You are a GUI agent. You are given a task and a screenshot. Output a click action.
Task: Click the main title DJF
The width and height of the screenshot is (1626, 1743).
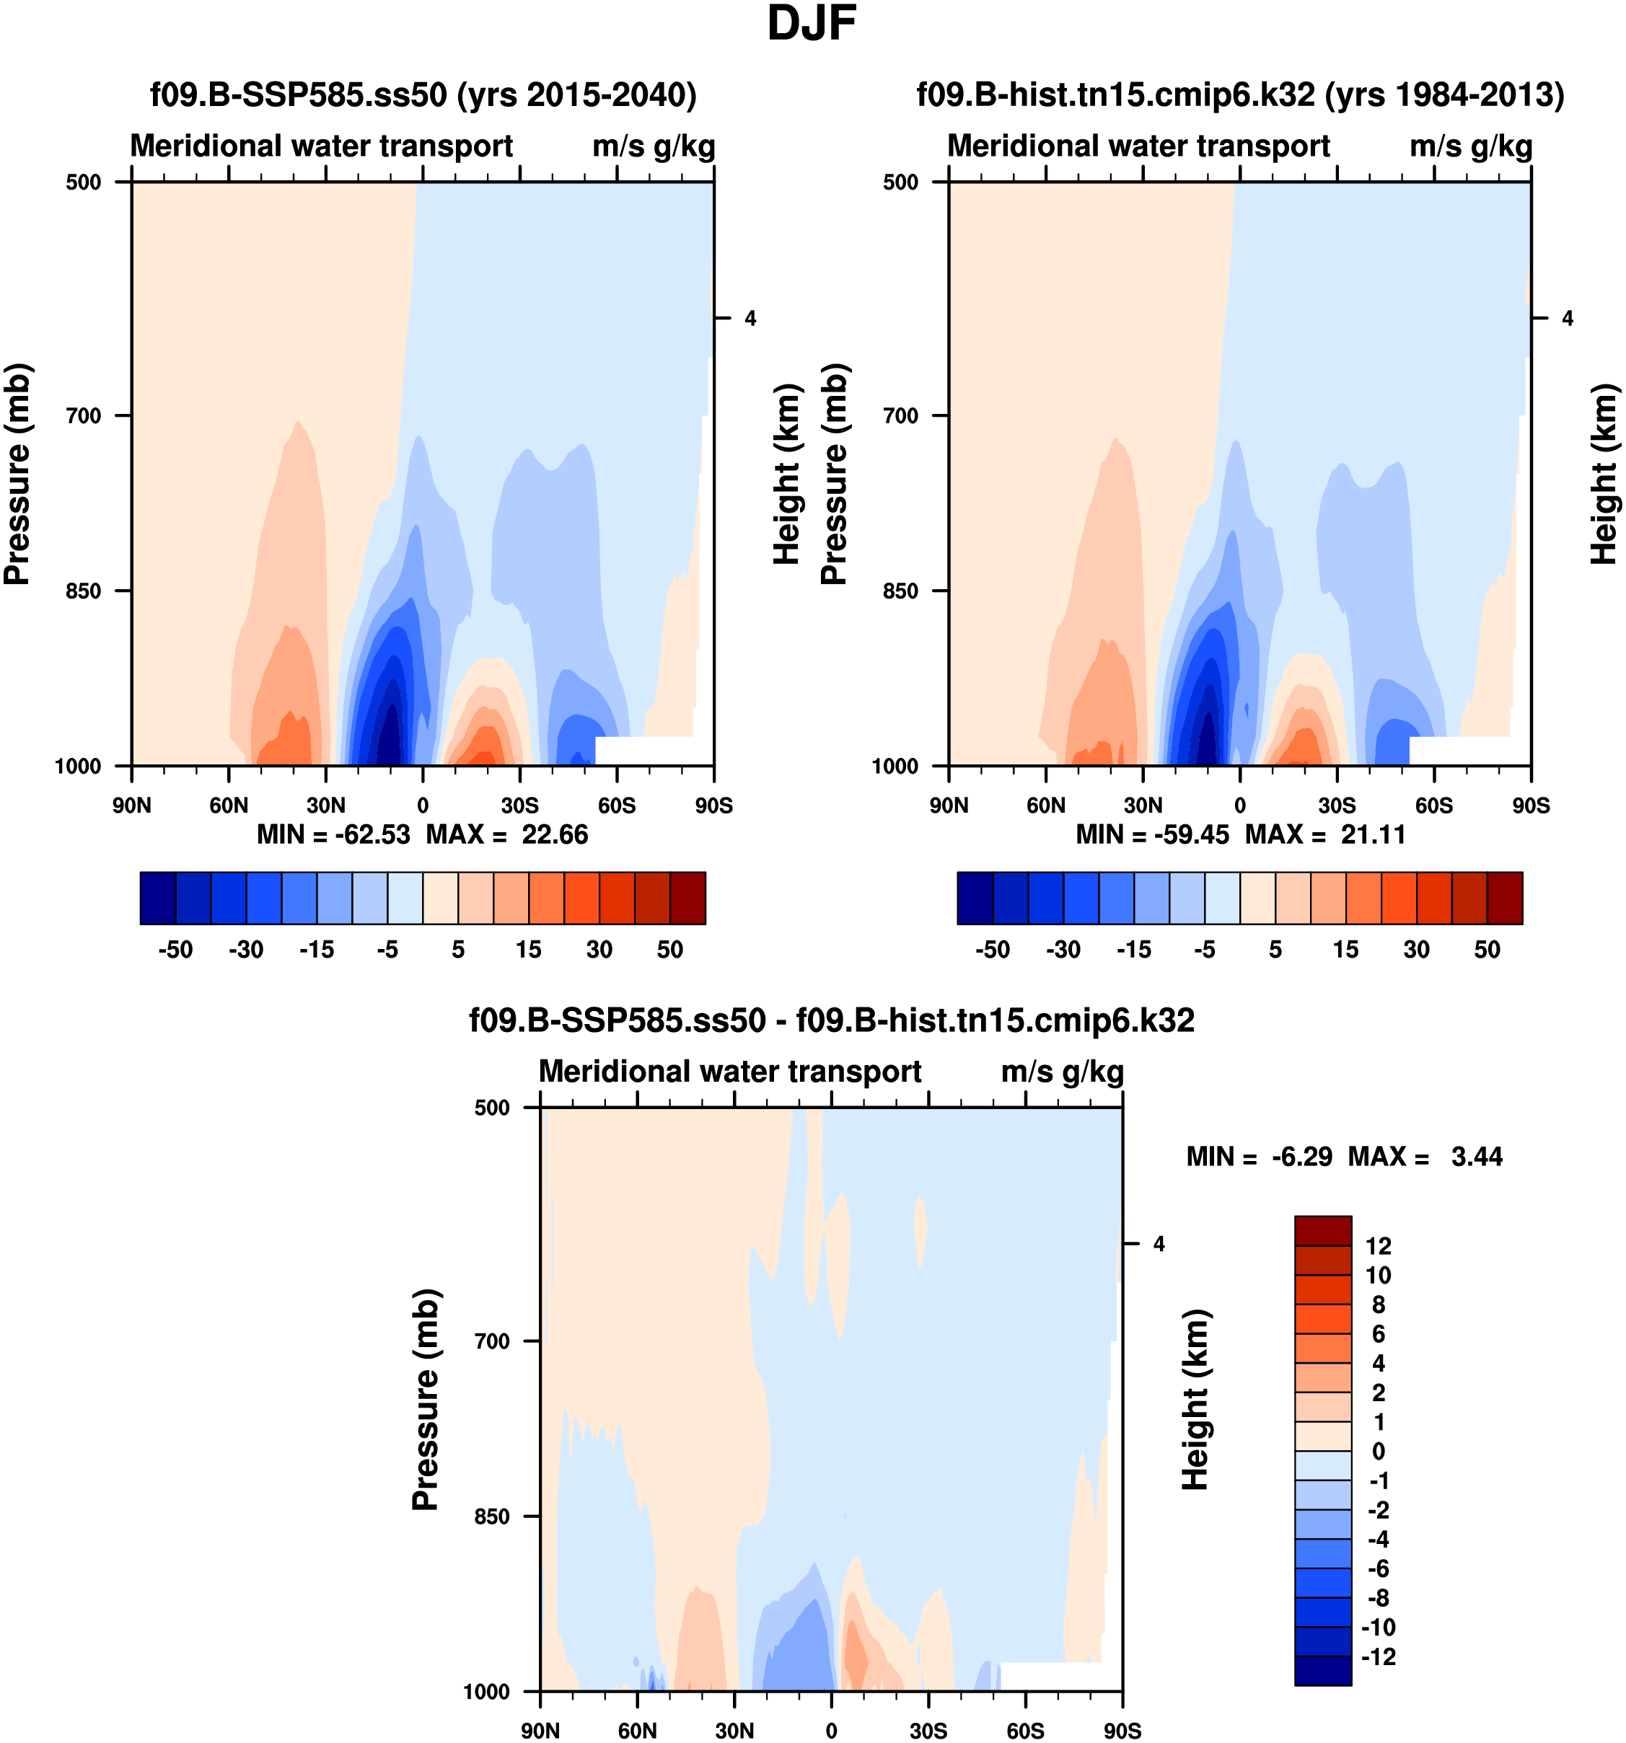tap(812, 25)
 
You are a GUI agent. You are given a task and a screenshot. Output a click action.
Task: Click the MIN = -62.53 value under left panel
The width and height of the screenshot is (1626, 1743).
tap(333, 834)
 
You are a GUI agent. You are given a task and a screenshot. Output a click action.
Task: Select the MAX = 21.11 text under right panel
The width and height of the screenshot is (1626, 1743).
tap(1325, 834)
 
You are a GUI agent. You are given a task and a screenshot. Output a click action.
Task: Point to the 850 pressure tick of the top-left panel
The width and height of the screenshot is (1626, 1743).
tap(85, 591)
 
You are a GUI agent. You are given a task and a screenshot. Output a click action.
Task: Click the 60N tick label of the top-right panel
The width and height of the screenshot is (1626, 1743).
tap(1045, 805)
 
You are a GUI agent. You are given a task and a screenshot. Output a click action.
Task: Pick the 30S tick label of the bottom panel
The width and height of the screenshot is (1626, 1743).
tap(928, 1730)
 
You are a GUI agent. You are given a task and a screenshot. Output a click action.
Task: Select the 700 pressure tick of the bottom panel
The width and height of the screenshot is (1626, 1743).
tap(493, 1341)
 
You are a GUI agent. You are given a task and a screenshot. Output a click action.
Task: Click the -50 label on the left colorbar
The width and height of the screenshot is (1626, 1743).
tap(175, 950)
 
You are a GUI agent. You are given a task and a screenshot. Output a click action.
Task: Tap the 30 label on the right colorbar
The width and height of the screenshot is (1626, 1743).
tap(1416, 950)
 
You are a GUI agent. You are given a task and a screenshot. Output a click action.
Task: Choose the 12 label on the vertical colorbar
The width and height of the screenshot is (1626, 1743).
tap(1379, 1246)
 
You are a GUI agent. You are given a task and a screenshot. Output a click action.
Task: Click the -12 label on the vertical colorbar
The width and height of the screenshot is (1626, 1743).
tap(1378, 1656)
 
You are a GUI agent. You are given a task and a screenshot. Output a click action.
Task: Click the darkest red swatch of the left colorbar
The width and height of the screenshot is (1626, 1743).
tap(687, 898)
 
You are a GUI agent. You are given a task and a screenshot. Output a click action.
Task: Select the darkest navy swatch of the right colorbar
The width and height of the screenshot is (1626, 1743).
tap(975, 898)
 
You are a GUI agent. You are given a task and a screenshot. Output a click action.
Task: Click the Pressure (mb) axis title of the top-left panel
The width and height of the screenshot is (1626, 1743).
tap(17, 474)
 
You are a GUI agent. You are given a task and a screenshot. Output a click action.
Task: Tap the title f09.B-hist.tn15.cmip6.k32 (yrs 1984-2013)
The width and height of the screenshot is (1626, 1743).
tap(1240, 94)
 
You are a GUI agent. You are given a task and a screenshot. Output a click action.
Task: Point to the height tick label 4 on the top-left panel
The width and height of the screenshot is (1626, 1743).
tap(750, 318)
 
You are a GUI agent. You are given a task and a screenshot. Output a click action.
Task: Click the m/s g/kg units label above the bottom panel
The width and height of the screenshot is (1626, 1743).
tap(1062, 1072)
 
